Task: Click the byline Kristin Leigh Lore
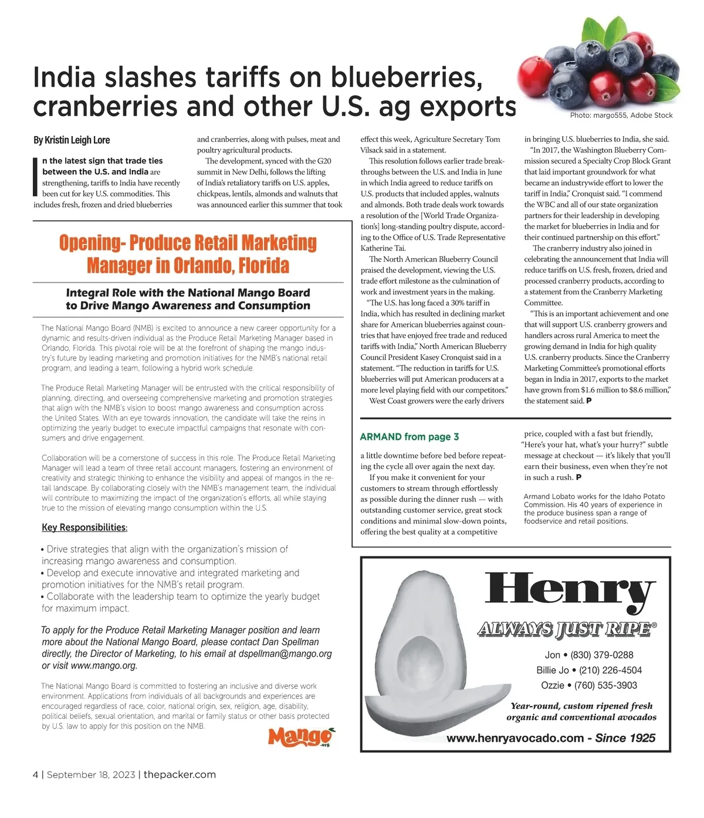pos(72,140)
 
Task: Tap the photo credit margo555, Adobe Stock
pos(621,116)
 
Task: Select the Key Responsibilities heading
pos(84,528)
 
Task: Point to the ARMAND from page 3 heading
pos(409,437)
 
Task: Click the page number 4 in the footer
pos(36,775)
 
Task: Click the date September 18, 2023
pos(91,775)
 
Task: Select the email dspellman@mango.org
pos(285,654)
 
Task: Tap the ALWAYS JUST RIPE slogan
pos(564,629)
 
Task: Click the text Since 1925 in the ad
pos(625,738)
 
